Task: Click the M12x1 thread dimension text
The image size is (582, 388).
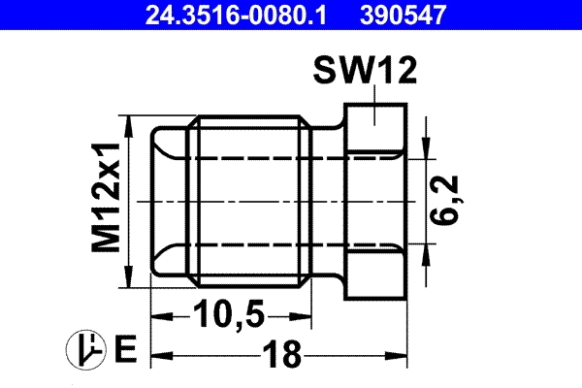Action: [108, 199]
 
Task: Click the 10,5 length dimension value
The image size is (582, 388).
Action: [231, 316]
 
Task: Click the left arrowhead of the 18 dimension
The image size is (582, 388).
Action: [157, 356]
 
